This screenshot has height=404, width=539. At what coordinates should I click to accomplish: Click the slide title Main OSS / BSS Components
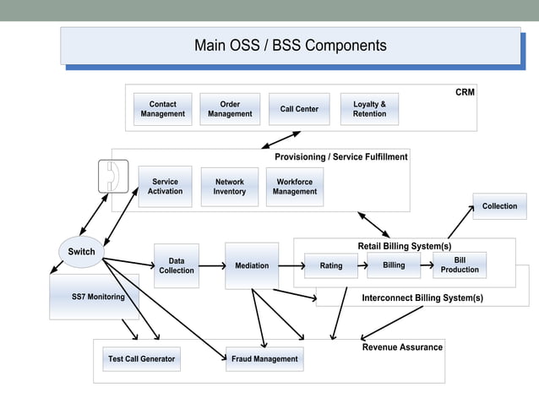pyautogui.click(x=290, y=46)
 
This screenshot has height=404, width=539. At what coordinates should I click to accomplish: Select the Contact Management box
pyautogui.click(x=162, y=109)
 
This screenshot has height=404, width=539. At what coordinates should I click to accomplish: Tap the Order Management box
pyautogui.click(x=230, y=109)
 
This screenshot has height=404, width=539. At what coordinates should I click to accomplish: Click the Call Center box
pyautogui.click(x=299, y=109)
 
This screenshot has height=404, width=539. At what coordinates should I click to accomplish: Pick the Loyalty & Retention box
pyautogui.click(x=369, y=109)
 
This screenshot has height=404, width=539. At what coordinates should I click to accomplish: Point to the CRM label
pyautogui.click(x=465, y=92)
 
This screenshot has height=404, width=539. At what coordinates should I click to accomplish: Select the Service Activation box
pyautogui.click(x=165, y=187)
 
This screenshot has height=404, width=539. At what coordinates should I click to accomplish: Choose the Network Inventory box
pyautogui.click(x=229, y=187)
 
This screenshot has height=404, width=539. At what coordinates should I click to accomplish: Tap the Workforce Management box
pyautogui.click(x=294, y=187)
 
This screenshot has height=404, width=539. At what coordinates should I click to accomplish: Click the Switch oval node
pyautogui.click(x=81, y=251)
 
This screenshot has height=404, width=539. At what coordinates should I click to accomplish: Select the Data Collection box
pyautogui.click(x=176, y=265)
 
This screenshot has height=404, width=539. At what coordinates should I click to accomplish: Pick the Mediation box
pyautogui.click(x=252, y=265)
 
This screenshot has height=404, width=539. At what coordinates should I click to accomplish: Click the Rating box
pyautogui.click(x=331, y=265)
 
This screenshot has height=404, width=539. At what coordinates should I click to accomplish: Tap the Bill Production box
pyautogui.click(x=460, y=265)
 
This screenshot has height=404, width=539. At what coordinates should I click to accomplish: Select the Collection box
pyautogui.click(x=499, y=206)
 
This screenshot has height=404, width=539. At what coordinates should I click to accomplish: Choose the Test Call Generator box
pyautogui.click(x=141, y=359)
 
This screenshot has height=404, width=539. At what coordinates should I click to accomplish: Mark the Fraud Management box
pyautogui.click(x=264, y=359)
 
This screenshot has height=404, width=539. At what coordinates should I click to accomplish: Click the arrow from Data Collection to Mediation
pyautogui.click(x=211, y=265)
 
